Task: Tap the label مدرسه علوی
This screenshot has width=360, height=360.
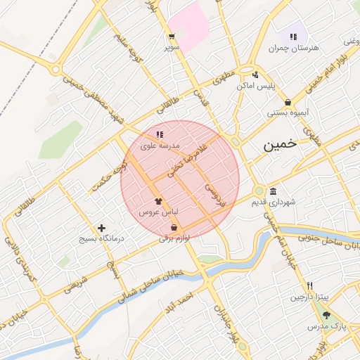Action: (x=160, y=146)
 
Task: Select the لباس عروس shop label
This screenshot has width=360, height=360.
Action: (x=157, y=211)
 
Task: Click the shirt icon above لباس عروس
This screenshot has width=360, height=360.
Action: (x=157, y=200)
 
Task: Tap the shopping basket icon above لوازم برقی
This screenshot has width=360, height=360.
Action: (x=174, y=227)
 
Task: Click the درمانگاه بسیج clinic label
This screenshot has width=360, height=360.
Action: (x=103, y=239)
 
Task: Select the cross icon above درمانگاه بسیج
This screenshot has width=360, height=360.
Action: (x=103, y=228)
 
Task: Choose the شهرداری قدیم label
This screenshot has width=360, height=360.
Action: (x=274, y=202)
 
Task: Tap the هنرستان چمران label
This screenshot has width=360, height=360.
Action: (x=293, y=48)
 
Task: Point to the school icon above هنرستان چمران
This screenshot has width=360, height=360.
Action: (x=293, y=37)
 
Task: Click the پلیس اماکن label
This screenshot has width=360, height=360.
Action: (x=255, y=85)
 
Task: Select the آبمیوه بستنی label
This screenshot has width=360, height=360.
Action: (x=288, y=112)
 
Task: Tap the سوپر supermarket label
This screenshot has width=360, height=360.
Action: (x=172, y=47)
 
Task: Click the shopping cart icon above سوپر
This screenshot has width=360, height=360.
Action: (x=172, y=37)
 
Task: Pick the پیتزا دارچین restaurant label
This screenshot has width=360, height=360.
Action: (x=309, y=297)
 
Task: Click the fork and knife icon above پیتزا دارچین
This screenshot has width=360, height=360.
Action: (x=309, y=286)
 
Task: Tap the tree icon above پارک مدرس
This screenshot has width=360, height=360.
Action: (x=326, y=316)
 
